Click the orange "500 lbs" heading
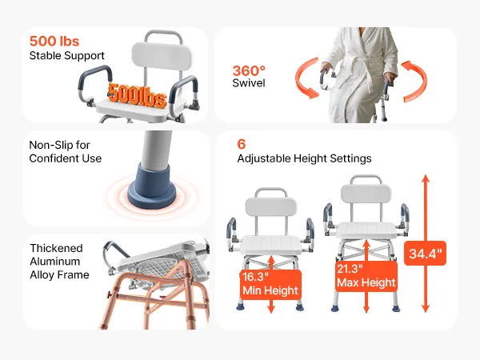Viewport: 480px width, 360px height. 54,42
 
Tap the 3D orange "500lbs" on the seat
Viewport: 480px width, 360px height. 138,96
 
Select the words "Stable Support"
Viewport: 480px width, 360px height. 66,56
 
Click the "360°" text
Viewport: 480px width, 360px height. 249,71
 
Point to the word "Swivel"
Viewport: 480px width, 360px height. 249,83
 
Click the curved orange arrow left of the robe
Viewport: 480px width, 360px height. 306,78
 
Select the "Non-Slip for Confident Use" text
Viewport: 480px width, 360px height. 66,151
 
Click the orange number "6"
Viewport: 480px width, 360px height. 242,144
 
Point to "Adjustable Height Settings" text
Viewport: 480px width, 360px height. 304,158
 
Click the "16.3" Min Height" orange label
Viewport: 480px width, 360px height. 270,284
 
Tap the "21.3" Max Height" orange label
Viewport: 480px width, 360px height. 366,276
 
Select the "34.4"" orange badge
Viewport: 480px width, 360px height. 426,254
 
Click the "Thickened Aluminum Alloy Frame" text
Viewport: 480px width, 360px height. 59,261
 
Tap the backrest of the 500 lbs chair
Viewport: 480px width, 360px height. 162,57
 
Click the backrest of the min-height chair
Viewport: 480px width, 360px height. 271,207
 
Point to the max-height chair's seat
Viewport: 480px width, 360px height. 366,230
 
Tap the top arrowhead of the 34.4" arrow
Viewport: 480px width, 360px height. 426,178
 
